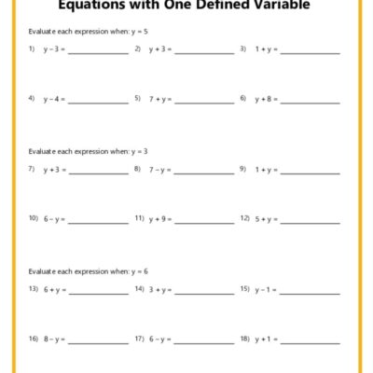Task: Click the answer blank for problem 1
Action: click(98, 51)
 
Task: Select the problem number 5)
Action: click(137, 98)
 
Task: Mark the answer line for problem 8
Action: click(204, 173)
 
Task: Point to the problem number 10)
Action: click(33, 218)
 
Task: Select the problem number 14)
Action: click(138, 290)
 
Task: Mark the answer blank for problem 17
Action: click(204, 341)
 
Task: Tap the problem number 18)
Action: click(244, 338)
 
